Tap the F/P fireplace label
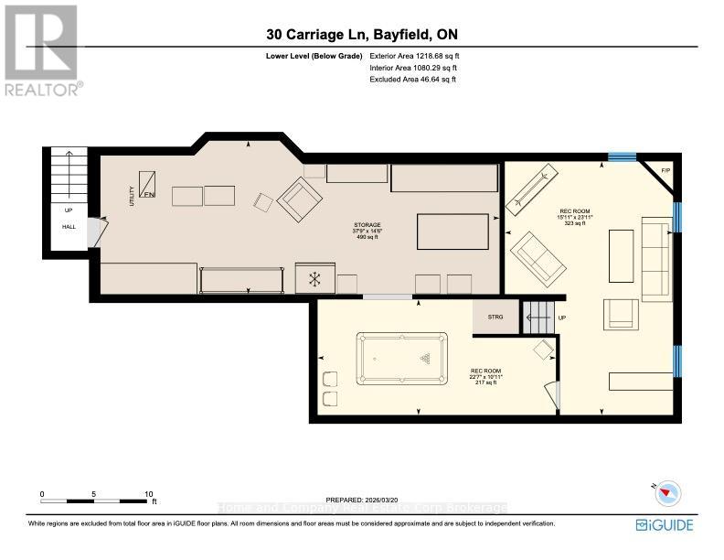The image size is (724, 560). pyautogui.click(x=665, y=170)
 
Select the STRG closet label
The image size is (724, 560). pyautogui.click(x=495, y=317)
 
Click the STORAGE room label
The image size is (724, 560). pyautogui.click(x=367, y=224)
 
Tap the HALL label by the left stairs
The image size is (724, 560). pyautogui.click(x=69, y=226)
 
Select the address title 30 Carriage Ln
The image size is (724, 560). pyautogui.click(x=362, y=35)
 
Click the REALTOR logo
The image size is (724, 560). pyautogui.click(x=42, y=50)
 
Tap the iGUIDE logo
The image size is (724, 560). pyautogui.click(x=665, y=524)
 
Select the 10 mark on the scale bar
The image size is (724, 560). pyautogui.click(x=148, y=494)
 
